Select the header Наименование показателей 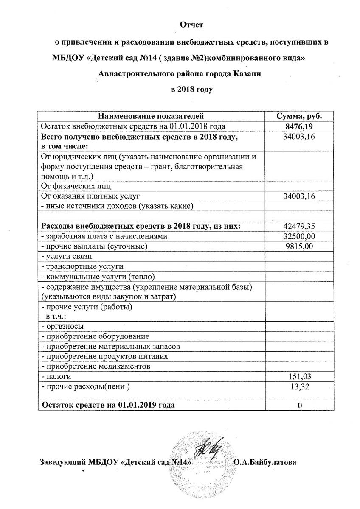point(151,116)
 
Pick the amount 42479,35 point(299,226)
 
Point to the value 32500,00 point(299,236)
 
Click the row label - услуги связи point(66,256)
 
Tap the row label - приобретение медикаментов point(96,366)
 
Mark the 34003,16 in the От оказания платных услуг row point(299,196)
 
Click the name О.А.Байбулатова point(265,462)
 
